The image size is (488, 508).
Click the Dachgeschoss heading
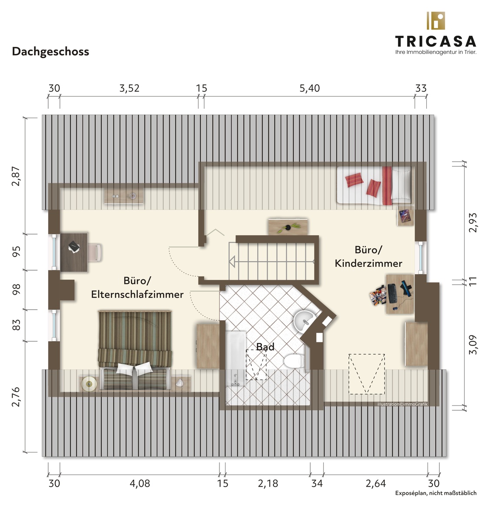click(50, 52)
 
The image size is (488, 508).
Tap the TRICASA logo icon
click(436, 21)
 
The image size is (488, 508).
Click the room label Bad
click(265, 347)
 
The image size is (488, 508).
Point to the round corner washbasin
click(304, 321)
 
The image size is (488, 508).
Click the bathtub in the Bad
click(236, 359)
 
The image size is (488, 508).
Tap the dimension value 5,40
click(309, 88)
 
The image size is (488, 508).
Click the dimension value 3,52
click(129, 88)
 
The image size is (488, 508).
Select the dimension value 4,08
click(139, 483)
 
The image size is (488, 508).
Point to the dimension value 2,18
click(268, 483)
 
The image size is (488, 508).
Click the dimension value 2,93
click(473, 222)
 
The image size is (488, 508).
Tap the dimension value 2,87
click(16, 176)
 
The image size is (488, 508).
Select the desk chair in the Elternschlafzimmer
click(95, 253)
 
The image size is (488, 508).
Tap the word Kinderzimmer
click(368, 263)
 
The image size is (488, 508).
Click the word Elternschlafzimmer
click(137, 295)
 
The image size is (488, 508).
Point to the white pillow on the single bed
click(401, 185)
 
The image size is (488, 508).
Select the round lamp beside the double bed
click(89, 384)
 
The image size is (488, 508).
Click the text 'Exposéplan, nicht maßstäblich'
click(436, 493)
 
